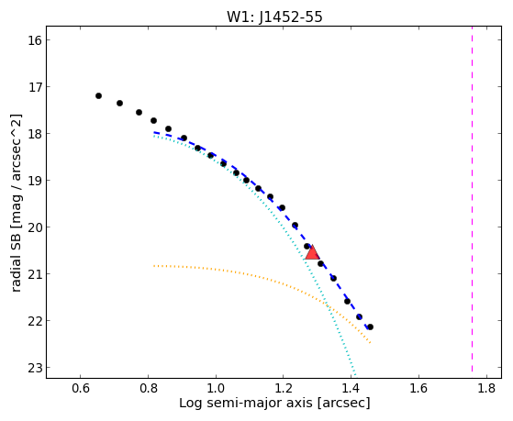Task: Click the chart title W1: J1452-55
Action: (274, 17)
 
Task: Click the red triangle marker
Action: (312, 252)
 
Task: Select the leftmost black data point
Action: (98, 95)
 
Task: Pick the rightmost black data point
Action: (370, 327)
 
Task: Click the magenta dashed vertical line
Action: (472, 198)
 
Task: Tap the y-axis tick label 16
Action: (35, 40)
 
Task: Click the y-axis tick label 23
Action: (35, 368)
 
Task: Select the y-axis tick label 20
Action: (35, 227)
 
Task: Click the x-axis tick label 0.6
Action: (81, 388)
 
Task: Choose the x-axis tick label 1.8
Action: (486, 388)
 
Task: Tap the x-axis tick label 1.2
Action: (284, 388)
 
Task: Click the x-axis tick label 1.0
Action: (216, 388)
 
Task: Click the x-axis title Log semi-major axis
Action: (245, 403)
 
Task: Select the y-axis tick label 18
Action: (35, 134)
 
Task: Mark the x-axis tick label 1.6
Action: (419, 388)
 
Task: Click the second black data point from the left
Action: (119, 103)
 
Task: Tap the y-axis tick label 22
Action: (35, 321)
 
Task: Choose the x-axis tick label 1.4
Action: (351, 388)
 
